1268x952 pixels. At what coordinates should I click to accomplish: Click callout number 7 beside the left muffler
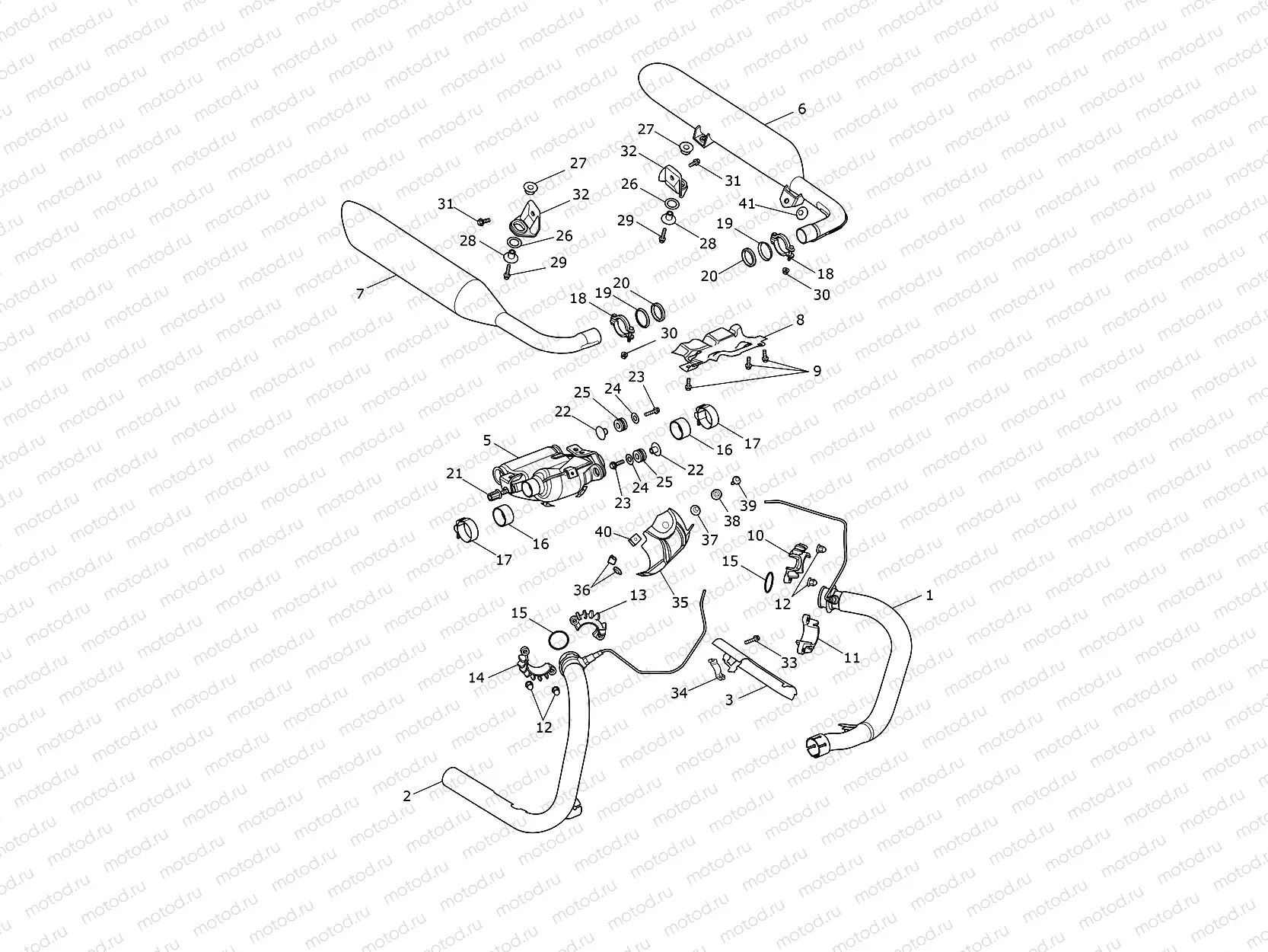[x=360, y=293]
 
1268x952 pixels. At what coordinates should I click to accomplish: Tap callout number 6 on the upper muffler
[x=801, y=109]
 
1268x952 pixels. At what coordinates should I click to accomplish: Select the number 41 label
[x=747, y=203]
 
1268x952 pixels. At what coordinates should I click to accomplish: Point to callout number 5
[x=487, y=440]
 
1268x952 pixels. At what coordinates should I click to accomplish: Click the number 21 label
[x=454, y=474]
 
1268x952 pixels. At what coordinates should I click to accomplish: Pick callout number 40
[x=604, y=532]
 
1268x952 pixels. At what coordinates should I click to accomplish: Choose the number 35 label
[x=680, y=602]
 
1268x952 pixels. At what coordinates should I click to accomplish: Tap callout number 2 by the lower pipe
[x=407, y=796]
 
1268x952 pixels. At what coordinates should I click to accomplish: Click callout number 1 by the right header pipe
[x=929, y=596]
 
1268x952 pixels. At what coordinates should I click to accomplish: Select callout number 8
[x=800, y=321]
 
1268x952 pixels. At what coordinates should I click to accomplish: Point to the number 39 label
[x=748, y=506]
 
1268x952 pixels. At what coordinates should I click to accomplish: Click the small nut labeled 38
[x=717, y=496]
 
